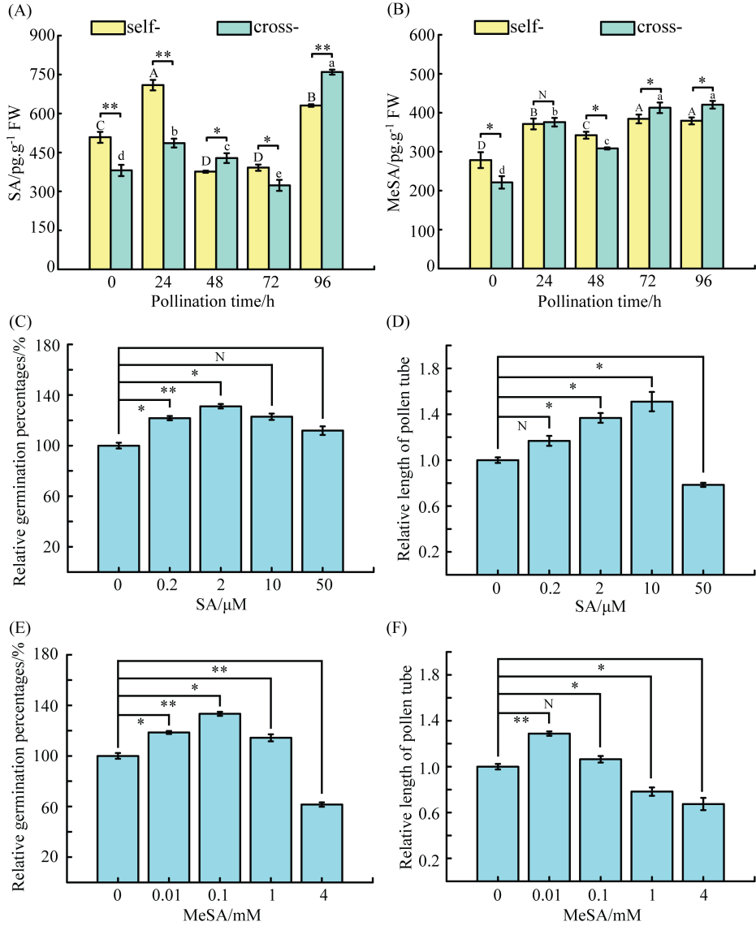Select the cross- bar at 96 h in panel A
point(332,170)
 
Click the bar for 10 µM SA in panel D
point(653,488)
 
